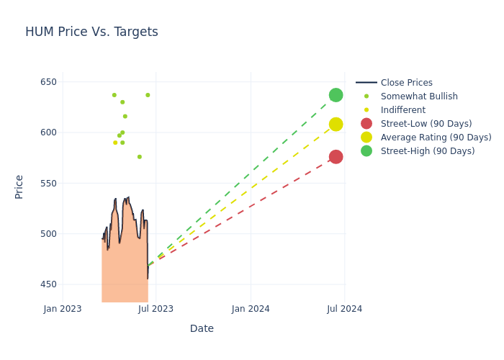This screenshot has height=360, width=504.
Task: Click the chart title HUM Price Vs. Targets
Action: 91,32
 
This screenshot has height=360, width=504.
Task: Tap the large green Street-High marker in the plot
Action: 336,95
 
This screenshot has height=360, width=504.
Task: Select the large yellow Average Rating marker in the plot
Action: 336,125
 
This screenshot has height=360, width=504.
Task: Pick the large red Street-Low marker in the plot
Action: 336,157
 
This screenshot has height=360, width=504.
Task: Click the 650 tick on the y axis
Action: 48,82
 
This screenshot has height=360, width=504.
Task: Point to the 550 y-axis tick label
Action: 48,184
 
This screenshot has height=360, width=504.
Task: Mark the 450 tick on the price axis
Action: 48,284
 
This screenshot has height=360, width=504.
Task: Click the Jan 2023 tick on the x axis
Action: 63,309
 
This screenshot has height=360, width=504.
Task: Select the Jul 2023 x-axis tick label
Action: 156,309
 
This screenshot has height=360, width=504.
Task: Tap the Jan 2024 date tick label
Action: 251,309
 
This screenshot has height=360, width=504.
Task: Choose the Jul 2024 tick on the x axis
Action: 344,309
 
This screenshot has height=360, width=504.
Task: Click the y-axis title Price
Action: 19,186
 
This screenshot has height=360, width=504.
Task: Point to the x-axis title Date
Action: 202,329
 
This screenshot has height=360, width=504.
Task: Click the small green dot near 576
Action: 140,157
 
